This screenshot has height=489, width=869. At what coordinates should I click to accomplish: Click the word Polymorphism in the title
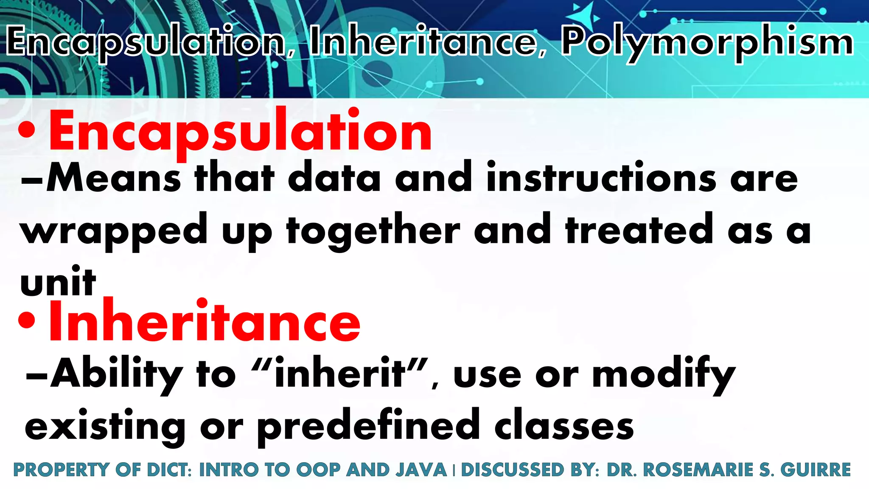[x=706, y=42]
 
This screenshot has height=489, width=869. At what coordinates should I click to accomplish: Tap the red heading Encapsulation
[x=241, y=131]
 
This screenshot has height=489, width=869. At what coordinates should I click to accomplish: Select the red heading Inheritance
[x=205, y=321]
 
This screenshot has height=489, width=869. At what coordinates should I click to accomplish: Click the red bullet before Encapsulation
[x=27, y=131]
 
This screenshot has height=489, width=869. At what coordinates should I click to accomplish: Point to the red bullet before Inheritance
[x=27, y=321]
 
